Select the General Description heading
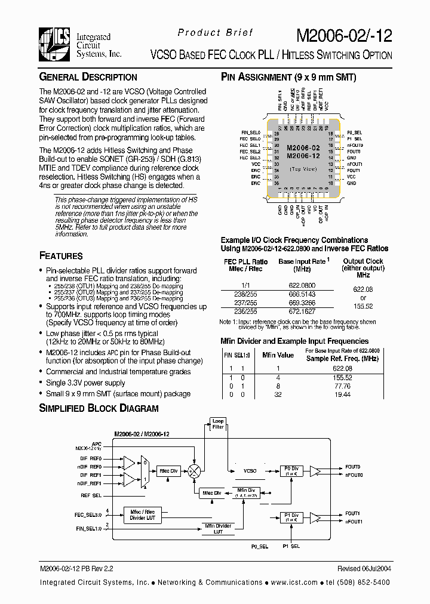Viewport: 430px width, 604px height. (x=88, y=77)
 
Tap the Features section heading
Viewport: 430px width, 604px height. (x=61, y=256)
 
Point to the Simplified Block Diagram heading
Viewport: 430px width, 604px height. (x=99, y=409)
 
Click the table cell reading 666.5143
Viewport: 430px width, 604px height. (x=302, y=294)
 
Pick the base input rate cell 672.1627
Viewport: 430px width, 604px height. (x=302, y=312)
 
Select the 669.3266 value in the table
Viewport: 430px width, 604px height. (x=302, y=303)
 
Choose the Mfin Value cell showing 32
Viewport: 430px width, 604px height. (x=278, y=395)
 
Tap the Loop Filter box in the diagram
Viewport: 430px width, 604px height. (x=218, y=424)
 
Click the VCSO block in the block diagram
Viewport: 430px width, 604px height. (x=250, y=471)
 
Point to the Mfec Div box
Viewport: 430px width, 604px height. (x=211, y=493)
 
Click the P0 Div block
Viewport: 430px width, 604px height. (x=291, y=470)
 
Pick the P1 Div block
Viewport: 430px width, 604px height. (x=291, y=517)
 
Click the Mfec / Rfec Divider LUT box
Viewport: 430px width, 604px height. (x=142, y=514)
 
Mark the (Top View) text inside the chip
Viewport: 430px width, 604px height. (x=303, y=170)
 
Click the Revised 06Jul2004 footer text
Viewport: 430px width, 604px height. (x=363, y=569)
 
